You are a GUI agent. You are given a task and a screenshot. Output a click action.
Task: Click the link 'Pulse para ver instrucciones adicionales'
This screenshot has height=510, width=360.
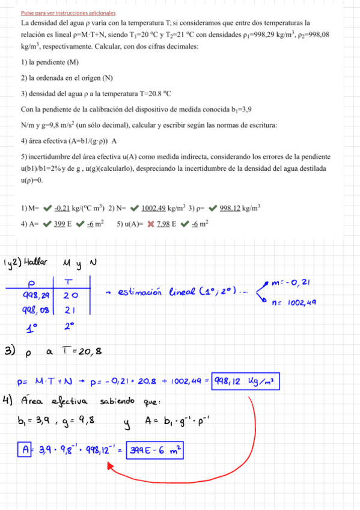(68, 13)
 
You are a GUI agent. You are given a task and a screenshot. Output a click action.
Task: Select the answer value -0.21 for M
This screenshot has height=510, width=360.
(63, 209)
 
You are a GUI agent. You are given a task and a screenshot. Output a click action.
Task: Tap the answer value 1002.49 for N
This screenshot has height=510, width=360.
(153, 209)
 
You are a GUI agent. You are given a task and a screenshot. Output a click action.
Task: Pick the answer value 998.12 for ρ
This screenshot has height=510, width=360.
(230, 209)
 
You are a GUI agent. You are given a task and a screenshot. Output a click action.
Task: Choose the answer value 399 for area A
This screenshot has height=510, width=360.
(59, 224)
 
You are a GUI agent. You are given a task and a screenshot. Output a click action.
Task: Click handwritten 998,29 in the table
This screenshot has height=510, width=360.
(36, 296)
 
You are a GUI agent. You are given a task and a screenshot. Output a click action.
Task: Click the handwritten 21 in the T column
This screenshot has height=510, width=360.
(70, 310)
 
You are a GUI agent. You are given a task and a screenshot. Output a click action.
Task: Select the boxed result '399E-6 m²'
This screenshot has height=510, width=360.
(154, 450)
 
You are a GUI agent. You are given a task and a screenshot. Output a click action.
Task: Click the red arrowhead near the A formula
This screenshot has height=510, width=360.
(110, 465)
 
